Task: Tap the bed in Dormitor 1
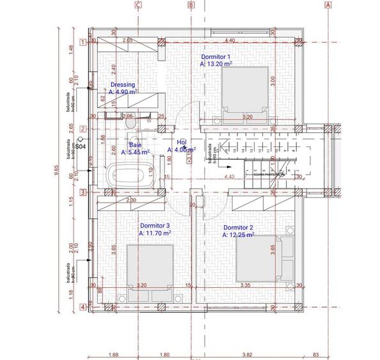[244, 93]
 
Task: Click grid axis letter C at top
[138, 5]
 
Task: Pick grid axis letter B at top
[191, 5]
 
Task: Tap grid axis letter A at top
[328, 5]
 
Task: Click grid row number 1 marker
[83, 43]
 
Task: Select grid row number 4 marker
[83, 307]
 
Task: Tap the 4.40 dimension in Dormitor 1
[230, 41]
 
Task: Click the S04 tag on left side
[80, 146]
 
